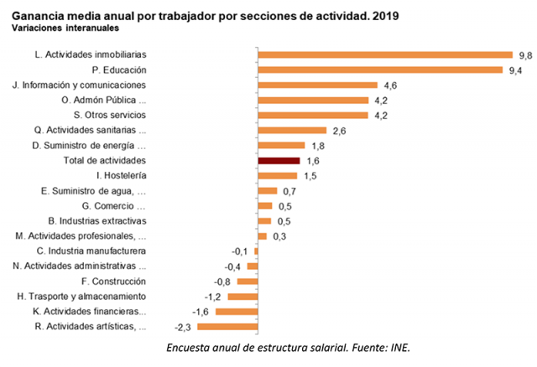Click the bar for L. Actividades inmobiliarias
(385, 54)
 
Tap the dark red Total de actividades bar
(279, 160)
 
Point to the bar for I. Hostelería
(278, 175)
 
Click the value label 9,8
(524, 54)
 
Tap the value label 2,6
(341, 131)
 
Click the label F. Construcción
(109, 282)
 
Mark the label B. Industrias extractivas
(98, 220)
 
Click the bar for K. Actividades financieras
(237, 311)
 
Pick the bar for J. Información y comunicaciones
(318, 85)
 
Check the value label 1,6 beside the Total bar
(313, 161)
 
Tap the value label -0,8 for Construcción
(222, 282)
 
